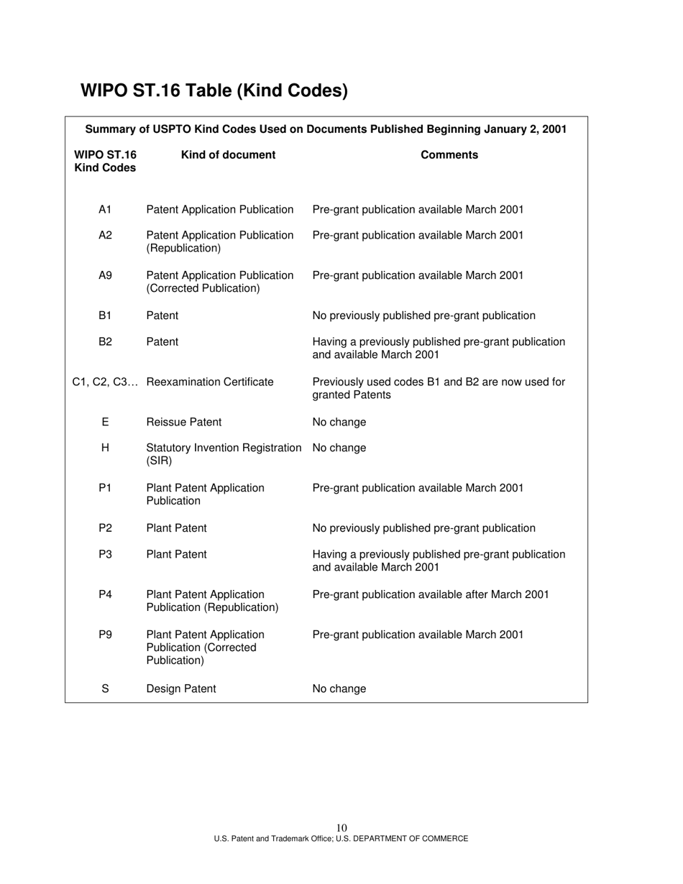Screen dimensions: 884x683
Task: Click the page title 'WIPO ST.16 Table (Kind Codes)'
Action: pos(214,91)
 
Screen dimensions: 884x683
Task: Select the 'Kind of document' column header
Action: pos(228,155)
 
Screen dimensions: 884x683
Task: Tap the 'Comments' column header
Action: pos(449,155)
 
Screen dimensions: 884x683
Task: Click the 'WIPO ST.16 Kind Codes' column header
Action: pos(105,161)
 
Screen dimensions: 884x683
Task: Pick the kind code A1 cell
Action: pos(105,209)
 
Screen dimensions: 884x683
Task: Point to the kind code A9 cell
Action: pos(105,275)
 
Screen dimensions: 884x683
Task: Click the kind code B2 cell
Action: pos(105,341)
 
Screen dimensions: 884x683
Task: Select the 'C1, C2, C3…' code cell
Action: pos(105,382)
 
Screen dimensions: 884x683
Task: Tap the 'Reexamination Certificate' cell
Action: pos(210,382)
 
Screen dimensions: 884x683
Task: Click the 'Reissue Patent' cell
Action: pos(184,422)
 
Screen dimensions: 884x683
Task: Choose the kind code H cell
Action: pos(105,448)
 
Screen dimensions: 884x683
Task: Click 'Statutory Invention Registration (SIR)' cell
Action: pos(224,454)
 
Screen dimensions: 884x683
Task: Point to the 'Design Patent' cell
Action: pos(181,689)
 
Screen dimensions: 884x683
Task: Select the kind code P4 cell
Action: pos(105,594)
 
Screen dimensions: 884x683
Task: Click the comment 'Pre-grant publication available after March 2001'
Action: pos(431,594)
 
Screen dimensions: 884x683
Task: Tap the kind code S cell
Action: pos(105,689)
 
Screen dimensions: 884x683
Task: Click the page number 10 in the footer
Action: pos(341,828)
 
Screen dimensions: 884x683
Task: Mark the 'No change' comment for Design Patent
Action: pos(339,689)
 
